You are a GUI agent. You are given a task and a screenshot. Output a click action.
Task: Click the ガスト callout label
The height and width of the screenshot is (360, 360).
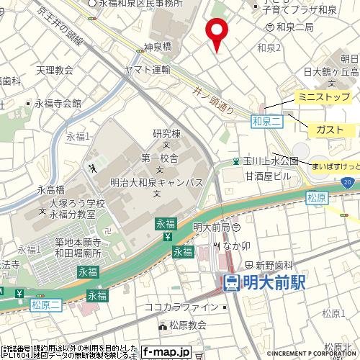coord(330,129)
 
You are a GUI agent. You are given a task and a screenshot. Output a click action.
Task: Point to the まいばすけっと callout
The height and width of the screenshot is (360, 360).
coord(336,166)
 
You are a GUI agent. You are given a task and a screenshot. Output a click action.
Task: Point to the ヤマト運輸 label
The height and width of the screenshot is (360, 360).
coord(148,70)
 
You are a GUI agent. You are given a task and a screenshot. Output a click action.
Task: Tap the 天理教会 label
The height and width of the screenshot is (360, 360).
coord(55,70)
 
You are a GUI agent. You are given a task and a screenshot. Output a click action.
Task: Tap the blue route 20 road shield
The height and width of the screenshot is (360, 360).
coord(348,184)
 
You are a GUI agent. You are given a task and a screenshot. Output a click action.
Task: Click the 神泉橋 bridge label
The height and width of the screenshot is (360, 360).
coord(157,46)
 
